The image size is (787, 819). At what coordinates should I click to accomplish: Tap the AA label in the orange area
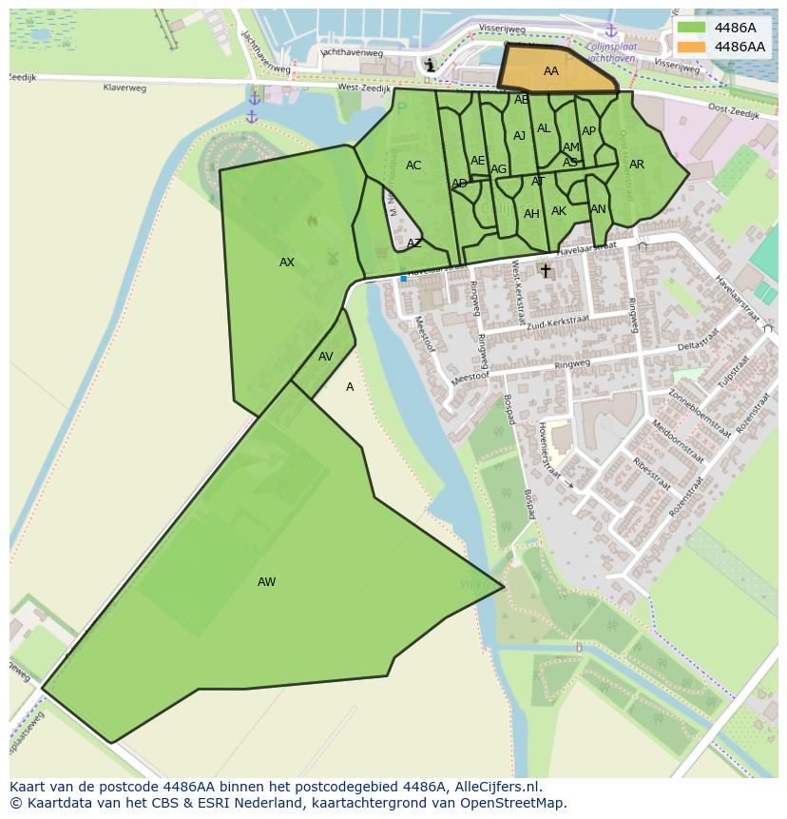[551, 71]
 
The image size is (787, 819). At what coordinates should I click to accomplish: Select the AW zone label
[266, 582]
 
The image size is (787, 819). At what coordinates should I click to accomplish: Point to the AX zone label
[287, 263]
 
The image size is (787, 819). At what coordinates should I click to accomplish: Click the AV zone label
[326, 357]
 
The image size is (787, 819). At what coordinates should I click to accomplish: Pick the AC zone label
[413, 166]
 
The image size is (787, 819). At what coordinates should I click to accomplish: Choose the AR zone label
[637, 165]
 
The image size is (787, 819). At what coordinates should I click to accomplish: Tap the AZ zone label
[414, 244]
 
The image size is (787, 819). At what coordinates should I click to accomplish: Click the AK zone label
[559, 211]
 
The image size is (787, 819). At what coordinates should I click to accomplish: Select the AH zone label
[531, 214]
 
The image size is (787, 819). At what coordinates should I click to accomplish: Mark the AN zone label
[598, 209]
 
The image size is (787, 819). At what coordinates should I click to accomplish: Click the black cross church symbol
[546, 271]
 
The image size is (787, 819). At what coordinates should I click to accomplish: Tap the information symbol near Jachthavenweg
[431, 65]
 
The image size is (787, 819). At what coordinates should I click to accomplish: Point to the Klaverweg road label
[125, 88]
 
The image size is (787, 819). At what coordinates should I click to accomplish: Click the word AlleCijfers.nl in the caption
[496, 787]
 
